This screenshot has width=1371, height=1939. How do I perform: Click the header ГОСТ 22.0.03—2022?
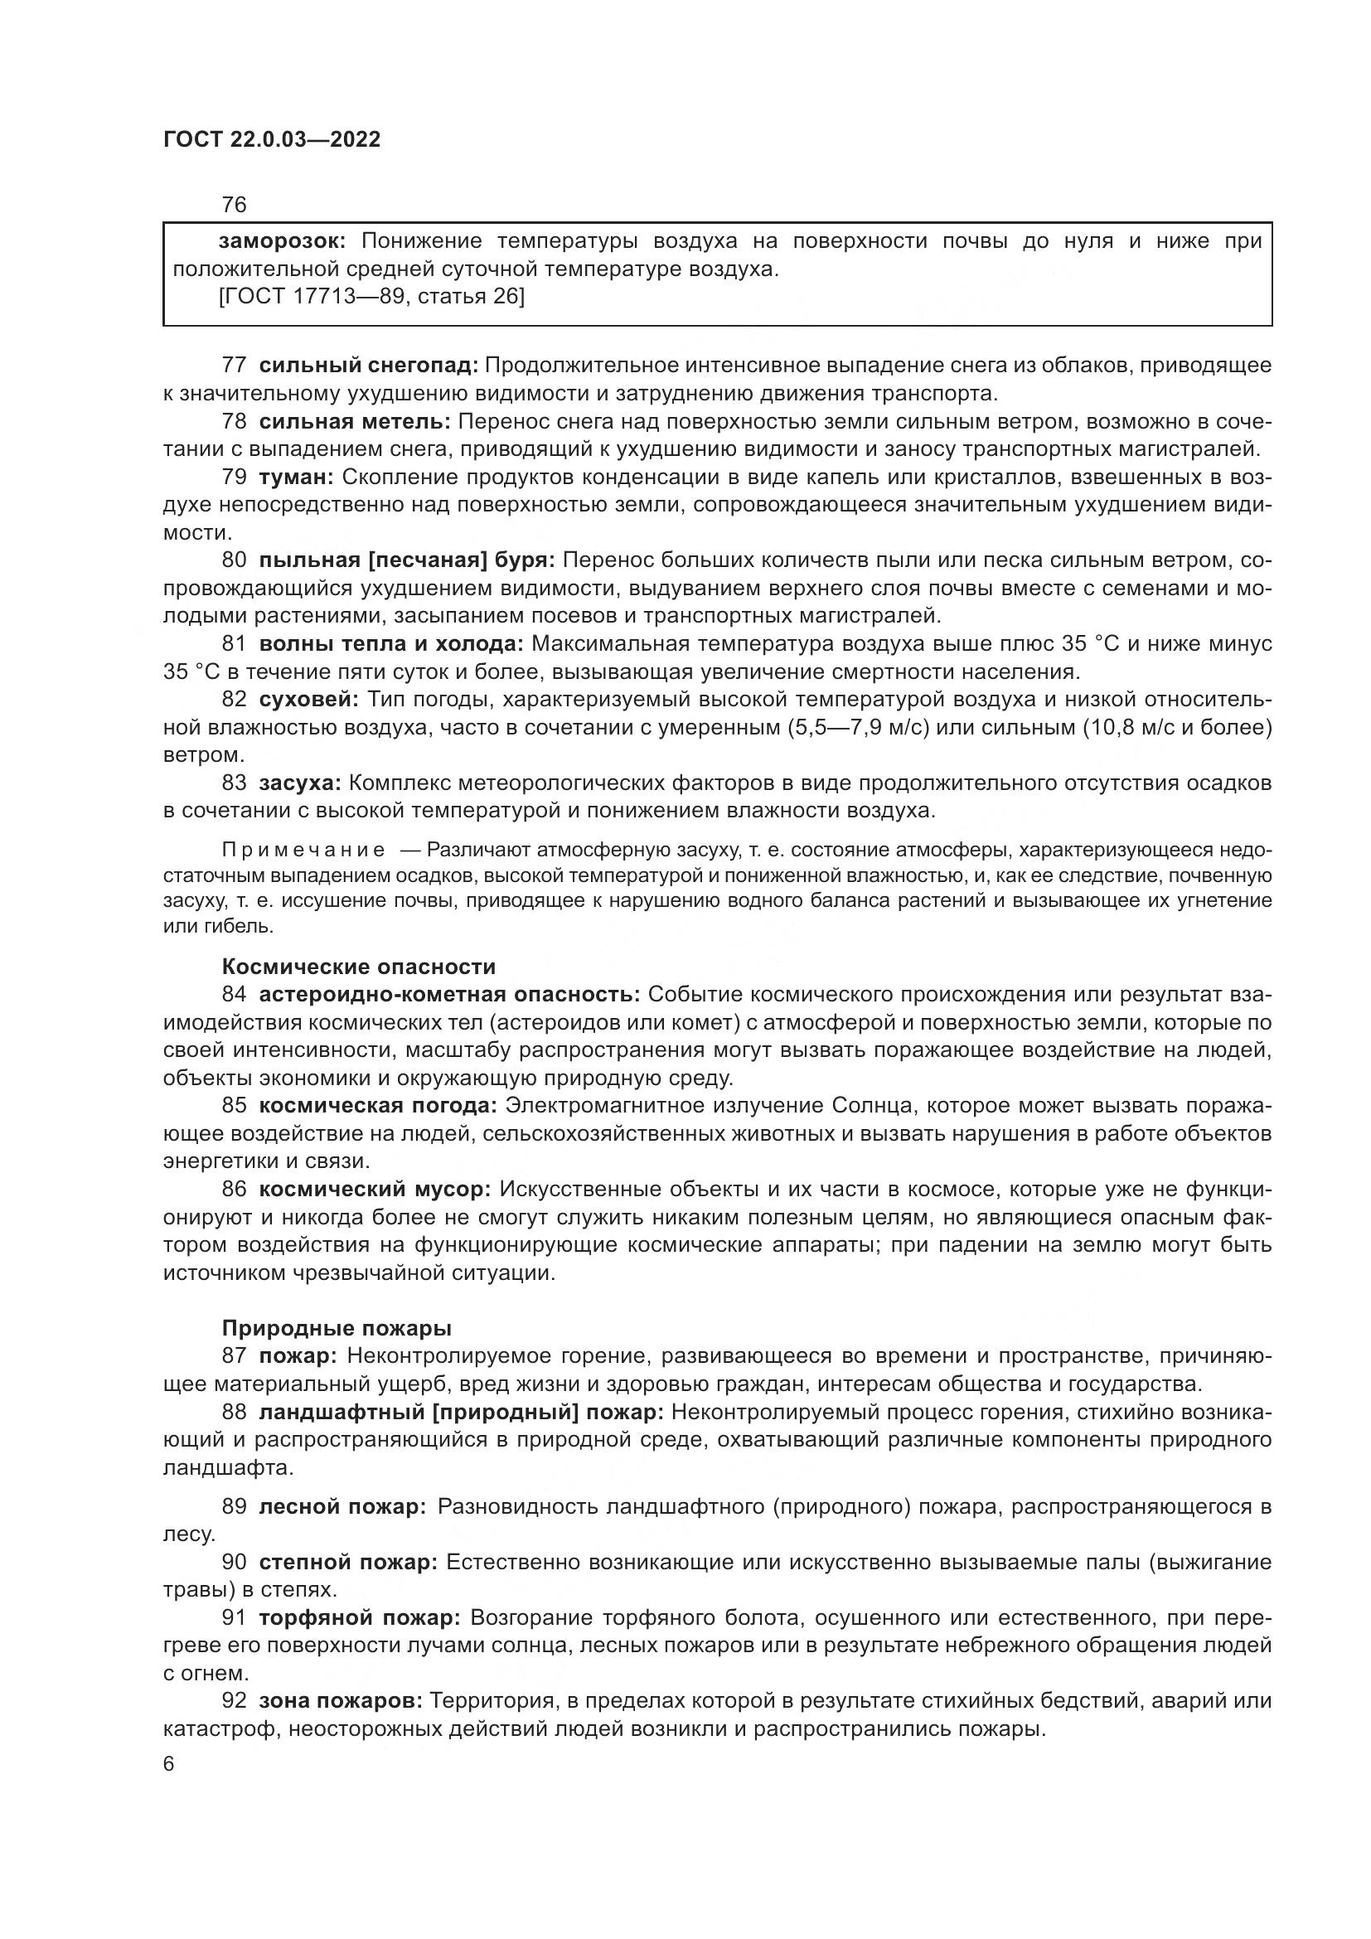271,139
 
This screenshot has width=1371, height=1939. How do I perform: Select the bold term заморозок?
282,241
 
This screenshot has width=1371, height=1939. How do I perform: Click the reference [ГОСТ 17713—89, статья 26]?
371,297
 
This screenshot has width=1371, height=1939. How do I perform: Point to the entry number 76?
234,205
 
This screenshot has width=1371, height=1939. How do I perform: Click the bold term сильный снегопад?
368,366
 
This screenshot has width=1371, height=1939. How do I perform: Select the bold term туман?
296,477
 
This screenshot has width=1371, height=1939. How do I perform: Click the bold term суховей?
309,700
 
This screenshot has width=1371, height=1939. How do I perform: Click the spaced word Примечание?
303,850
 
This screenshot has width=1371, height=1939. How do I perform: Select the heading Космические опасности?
359,967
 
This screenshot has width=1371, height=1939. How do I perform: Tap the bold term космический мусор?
374,1190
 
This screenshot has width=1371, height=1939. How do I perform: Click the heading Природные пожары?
337,1328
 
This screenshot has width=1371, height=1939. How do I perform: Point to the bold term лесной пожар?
342,1506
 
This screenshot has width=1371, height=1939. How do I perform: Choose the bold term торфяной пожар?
360,1618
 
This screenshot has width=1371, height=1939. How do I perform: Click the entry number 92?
234,1701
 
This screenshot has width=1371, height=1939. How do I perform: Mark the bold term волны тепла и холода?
391,643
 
